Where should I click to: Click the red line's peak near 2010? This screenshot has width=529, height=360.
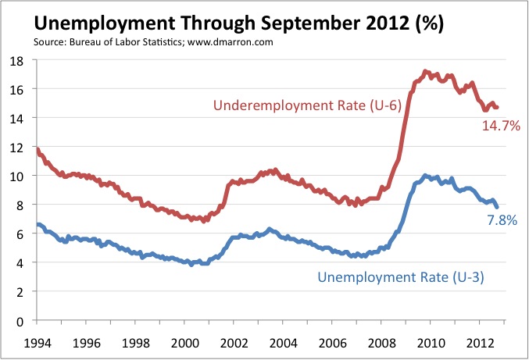coord(425,72)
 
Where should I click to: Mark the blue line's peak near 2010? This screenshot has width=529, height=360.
coord(425,175)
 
